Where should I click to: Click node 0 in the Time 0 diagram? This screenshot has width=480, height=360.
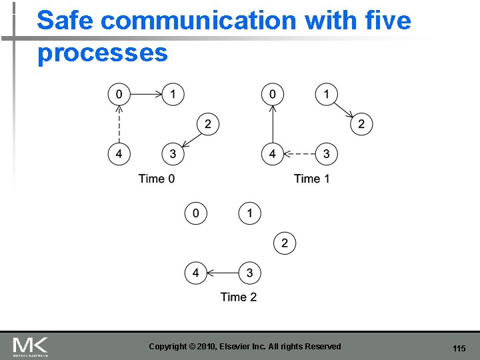(x=119, y=94)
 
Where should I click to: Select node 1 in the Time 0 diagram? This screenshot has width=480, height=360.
(x=173, y=94)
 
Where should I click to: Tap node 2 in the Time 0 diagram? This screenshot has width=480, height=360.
(x=208, y=124)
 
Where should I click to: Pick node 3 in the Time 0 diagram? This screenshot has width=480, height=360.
(x=173, y=154)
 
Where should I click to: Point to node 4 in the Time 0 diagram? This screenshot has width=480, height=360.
(x=119, y=154)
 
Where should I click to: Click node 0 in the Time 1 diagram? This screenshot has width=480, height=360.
(x=273, y=94)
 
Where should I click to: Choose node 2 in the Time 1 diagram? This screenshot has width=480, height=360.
(x=361, y=124)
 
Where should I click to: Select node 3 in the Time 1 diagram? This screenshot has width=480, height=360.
(x=327, y=154)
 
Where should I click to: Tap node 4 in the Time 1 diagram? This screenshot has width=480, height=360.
(x=273, y=154)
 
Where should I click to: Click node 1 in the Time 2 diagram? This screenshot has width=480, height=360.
(x=250, y=213)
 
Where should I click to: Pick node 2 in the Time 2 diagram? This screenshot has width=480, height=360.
(x=285, y=243)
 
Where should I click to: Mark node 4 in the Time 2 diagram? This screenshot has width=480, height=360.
(x=196, y=273)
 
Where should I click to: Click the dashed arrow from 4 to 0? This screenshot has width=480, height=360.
(x=119, y=124)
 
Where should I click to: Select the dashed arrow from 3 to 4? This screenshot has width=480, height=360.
(x=299, y=154)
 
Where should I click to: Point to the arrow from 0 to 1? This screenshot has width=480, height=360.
(x=146, y=94)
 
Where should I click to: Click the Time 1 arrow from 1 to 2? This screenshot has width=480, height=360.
(x=344, y=109)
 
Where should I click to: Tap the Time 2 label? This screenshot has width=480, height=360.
(x=239, y=297)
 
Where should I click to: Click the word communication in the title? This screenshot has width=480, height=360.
(x=199, y=21)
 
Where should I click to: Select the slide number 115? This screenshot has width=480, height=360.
(x=459, y=349)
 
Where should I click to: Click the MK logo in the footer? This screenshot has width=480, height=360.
(x=31, y=347)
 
